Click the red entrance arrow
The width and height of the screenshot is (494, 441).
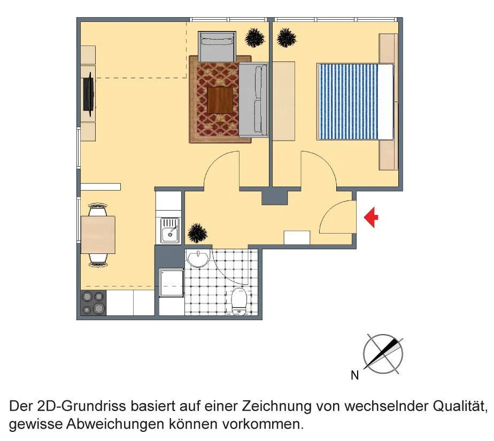371,218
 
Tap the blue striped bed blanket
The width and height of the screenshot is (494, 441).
348,102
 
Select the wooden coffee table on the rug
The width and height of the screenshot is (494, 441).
220,100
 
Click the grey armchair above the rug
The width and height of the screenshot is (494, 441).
217,47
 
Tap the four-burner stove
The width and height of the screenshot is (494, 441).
93,303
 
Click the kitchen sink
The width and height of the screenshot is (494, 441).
170,230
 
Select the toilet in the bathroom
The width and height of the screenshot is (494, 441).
239,301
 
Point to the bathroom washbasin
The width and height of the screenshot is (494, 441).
198,258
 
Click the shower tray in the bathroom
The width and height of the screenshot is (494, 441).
172,283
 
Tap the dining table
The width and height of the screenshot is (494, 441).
98,235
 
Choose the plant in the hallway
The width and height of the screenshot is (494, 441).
197,234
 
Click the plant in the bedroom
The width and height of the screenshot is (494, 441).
287,38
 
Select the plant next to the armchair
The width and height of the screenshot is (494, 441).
255,38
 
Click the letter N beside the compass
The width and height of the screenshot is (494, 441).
355,375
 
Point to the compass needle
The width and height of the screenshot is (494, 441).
382,354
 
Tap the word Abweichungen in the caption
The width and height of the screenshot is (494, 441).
115,424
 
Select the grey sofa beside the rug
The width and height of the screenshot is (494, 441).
253,100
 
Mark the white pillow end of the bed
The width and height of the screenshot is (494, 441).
386,102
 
